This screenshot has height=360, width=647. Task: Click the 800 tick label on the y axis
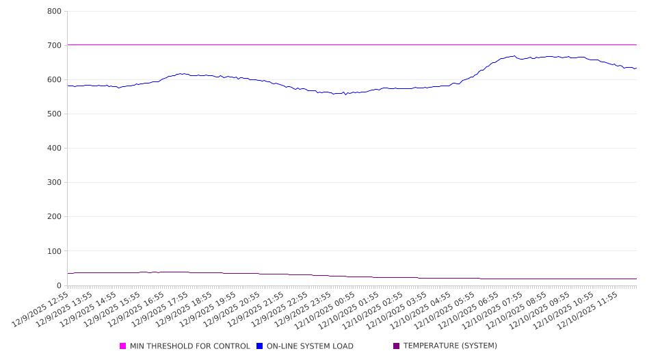[55, 12]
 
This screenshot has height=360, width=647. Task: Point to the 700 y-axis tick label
[55, 46]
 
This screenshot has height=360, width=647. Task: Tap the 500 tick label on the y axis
[55, 114]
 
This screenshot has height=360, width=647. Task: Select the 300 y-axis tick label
[55, 183]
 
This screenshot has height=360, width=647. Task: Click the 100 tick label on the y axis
[55, 251]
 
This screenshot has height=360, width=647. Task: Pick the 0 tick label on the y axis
[59, 285]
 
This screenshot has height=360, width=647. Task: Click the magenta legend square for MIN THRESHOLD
[123, 346]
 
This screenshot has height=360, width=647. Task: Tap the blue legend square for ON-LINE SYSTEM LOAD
[260, 346]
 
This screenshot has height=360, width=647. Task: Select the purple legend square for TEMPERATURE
[397, 346]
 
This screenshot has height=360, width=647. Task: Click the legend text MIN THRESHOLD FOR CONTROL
[190, 346]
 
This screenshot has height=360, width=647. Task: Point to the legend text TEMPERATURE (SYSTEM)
[450, 346]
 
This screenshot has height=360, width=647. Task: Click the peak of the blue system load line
[514, 56]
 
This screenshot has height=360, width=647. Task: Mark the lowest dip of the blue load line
[345, 94]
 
